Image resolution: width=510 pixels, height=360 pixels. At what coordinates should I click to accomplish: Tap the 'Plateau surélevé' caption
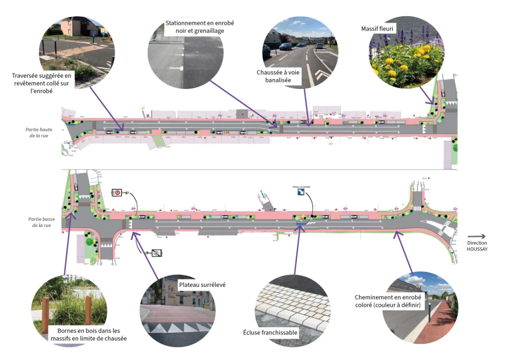202,284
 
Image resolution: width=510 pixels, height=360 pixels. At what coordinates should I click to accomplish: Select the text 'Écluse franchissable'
270,333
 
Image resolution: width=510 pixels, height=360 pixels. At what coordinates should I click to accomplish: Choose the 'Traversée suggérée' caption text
43,83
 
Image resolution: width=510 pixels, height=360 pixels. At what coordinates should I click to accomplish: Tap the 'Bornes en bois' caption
88,335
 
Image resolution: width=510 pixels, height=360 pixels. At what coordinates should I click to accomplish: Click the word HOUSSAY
477,249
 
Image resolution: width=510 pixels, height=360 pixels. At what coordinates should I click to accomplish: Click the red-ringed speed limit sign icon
117,192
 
